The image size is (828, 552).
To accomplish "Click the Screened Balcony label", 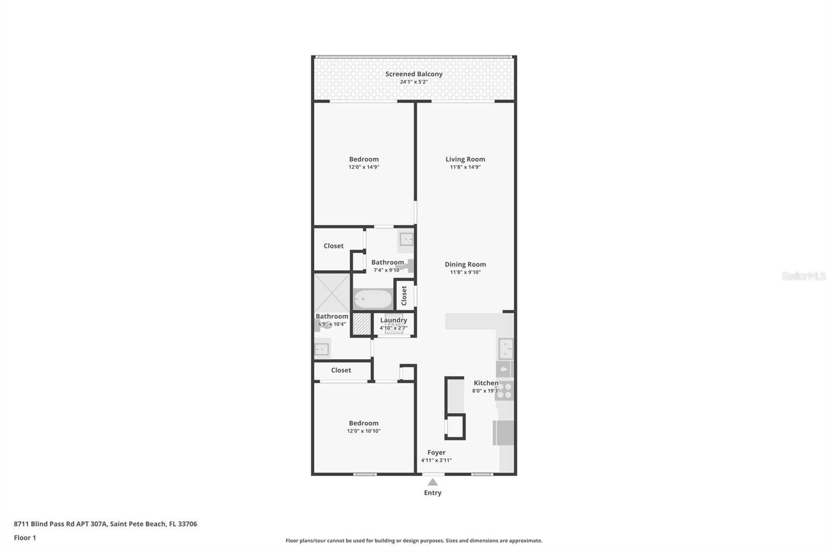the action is [x=413, y=74].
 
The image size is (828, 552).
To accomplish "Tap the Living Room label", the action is [x=465, y=159].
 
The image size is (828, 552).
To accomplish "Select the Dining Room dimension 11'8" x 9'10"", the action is [x=465, y=272].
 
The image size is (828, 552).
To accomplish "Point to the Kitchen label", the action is [x=486, y=383].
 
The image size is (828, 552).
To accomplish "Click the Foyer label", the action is [x=436, y=453].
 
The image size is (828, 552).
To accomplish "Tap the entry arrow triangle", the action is [x=433, y=482].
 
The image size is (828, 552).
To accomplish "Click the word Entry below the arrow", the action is [x=433, y=493].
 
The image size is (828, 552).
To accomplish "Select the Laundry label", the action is [x=393, y=321].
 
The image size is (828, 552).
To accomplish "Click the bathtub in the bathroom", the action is [x=373, y=299].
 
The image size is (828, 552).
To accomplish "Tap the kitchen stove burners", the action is [x=504, y=390].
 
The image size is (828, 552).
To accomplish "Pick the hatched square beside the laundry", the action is [x=362, y=325].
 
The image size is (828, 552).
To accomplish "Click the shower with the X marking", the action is [x=332, y=293].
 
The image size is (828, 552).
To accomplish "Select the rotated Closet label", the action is [x=404, y=295].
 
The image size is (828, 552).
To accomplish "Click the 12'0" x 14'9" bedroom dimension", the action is [x=364, y=167].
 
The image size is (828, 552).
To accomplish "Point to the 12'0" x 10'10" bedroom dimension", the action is [x=364, y=431].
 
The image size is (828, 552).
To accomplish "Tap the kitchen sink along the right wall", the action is [x=506, y=348].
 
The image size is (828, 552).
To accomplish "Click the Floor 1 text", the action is [x=25, y=538].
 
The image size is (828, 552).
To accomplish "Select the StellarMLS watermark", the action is [x=804, y=275].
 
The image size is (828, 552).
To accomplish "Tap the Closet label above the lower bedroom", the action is [x=341, y=370].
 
